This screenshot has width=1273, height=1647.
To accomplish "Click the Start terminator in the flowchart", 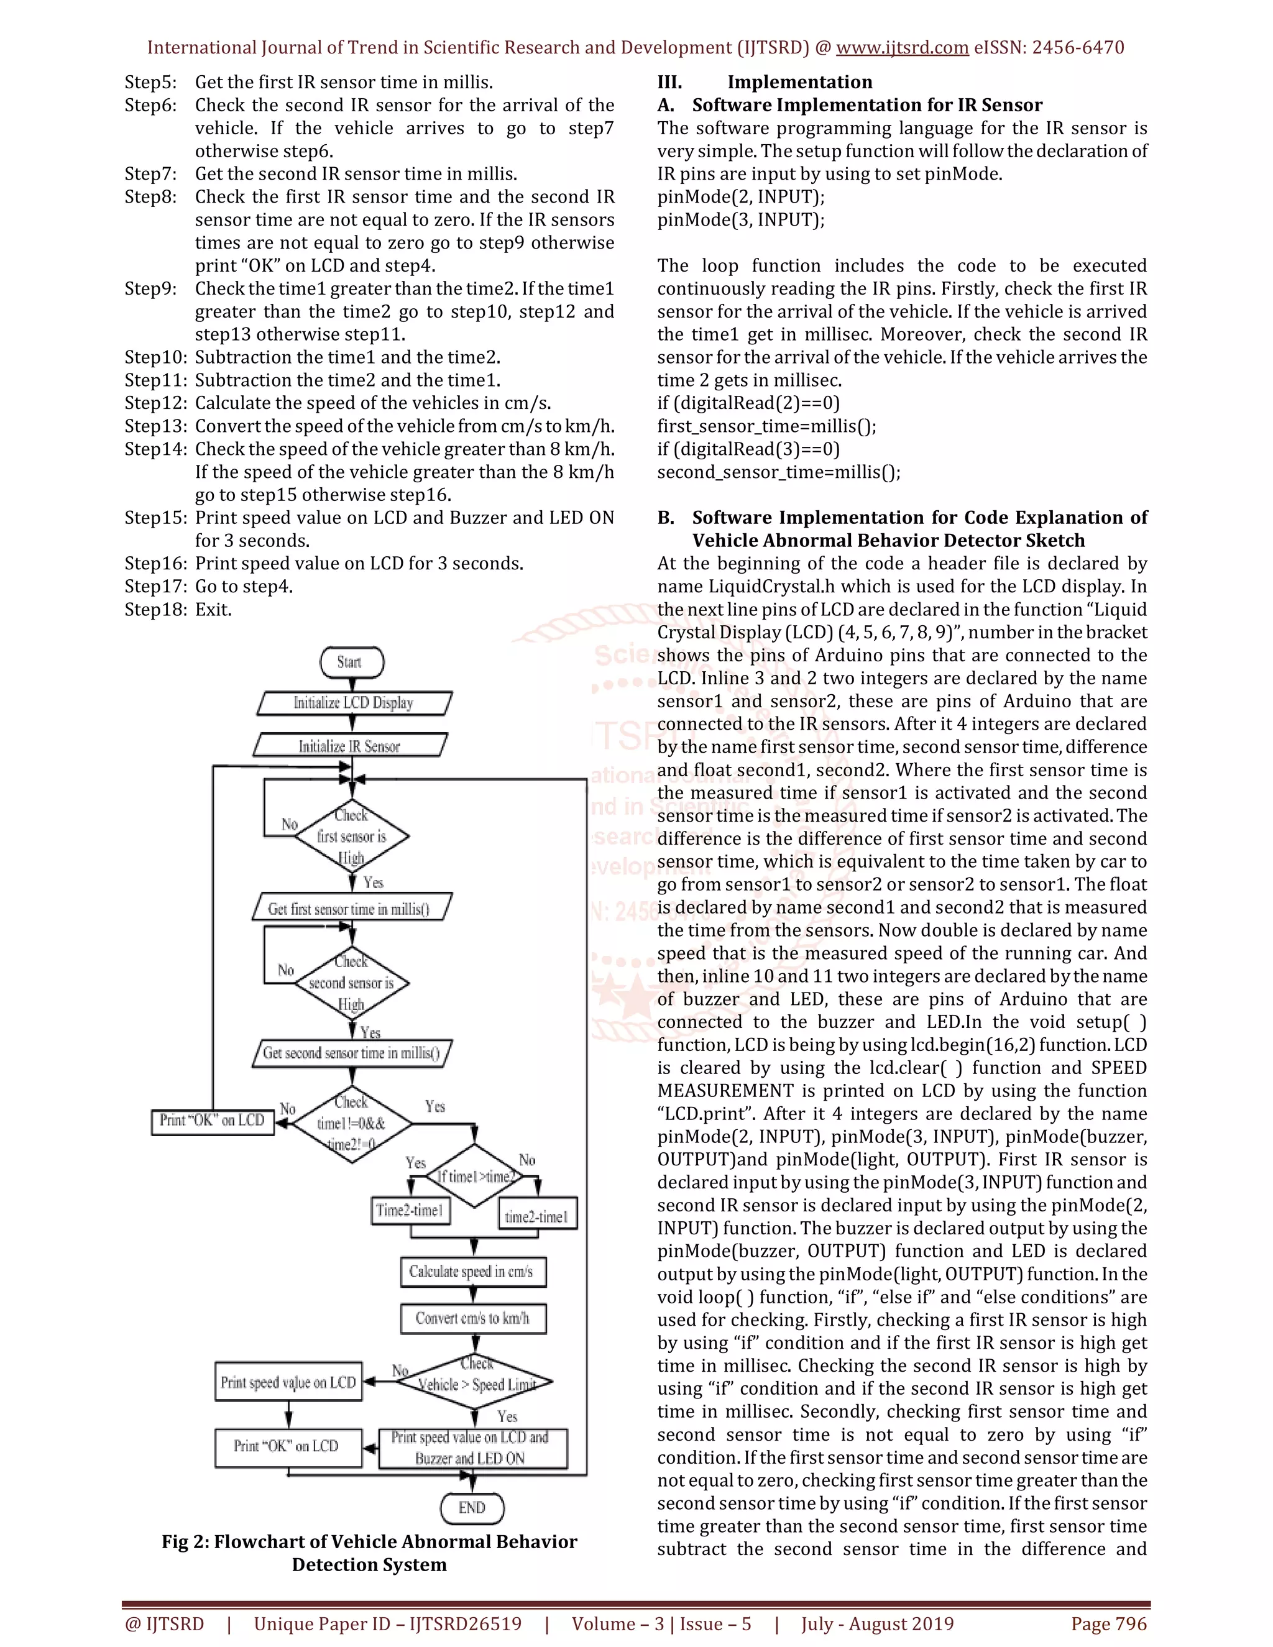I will (x=351, y=662).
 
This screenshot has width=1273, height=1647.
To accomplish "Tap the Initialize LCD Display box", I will (x=354, y=703).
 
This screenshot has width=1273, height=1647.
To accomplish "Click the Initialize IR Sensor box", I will (x=350, y=746).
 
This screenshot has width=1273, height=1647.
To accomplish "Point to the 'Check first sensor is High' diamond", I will (x=351, y=837).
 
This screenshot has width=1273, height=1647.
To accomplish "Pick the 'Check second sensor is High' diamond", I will (x=351, y=983).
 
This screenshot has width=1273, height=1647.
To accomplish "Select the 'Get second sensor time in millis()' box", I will (x=351, y=1053).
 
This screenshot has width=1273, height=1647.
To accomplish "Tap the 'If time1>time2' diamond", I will (x=474, y=1176).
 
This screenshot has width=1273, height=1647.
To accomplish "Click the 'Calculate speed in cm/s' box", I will (x=472, y=1272).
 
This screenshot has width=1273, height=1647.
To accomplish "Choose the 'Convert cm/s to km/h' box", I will (x=473, y=1318).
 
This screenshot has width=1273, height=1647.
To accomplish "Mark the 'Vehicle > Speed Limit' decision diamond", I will (x=477, y=1382).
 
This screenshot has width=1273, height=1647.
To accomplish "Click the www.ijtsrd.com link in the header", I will (x=902, y=47).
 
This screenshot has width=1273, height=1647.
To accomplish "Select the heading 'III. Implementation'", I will (x=765, y=82).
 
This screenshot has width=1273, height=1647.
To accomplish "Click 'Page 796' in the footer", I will (x=1109, y=1623).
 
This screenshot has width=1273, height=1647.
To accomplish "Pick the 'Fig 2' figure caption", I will (x=370, y=1553).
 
